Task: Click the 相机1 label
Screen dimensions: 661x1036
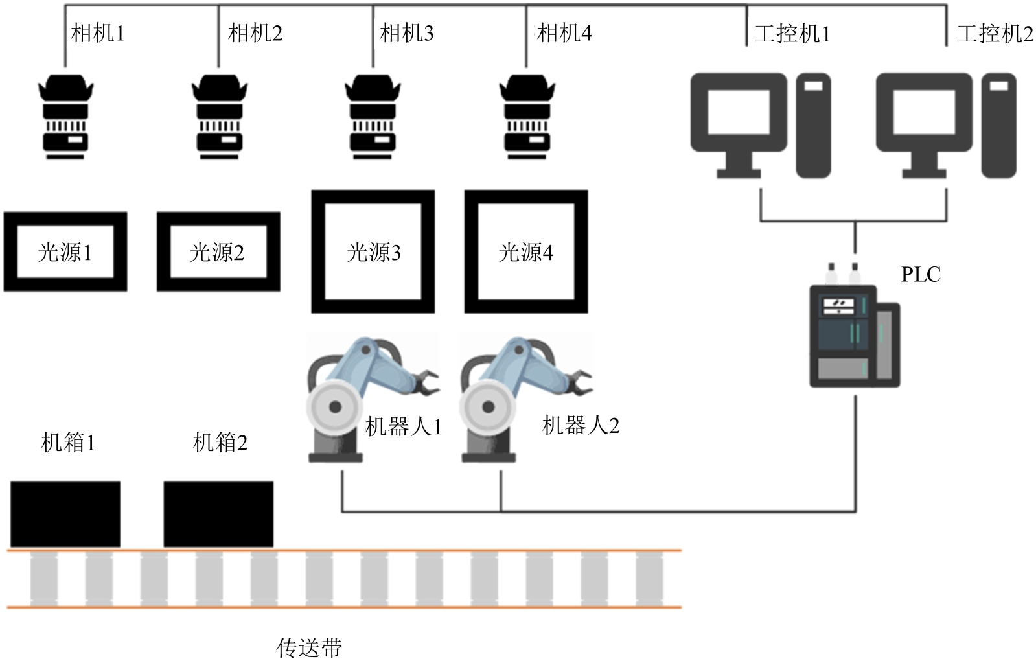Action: [97, 33]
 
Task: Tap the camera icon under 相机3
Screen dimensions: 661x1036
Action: [373, 117]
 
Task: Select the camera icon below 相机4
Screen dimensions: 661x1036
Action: [527, 117]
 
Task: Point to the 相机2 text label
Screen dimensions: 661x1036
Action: [255, 33]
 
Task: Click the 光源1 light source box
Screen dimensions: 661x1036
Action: [65, 251]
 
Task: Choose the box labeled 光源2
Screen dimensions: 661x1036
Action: [218, 251]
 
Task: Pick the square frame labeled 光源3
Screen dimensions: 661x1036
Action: [373, 251]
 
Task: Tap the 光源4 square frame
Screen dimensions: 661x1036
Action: [526, 251]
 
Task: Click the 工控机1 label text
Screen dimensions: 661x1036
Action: [792, 33]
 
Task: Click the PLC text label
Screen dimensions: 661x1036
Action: [920, 275]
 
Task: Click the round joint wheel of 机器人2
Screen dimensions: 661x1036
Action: [487, 407]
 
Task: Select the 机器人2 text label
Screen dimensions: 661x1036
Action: [581, 426]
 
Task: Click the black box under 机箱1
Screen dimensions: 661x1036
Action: [65, 514]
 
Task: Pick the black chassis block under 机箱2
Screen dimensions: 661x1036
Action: [218, 514]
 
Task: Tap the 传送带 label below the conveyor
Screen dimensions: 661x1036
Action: [309, 647]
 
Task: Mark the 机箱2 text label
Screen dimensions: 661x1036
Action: [220, 443]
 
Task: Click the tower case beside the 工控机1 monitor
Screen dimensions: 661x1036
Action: [813, 125]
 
